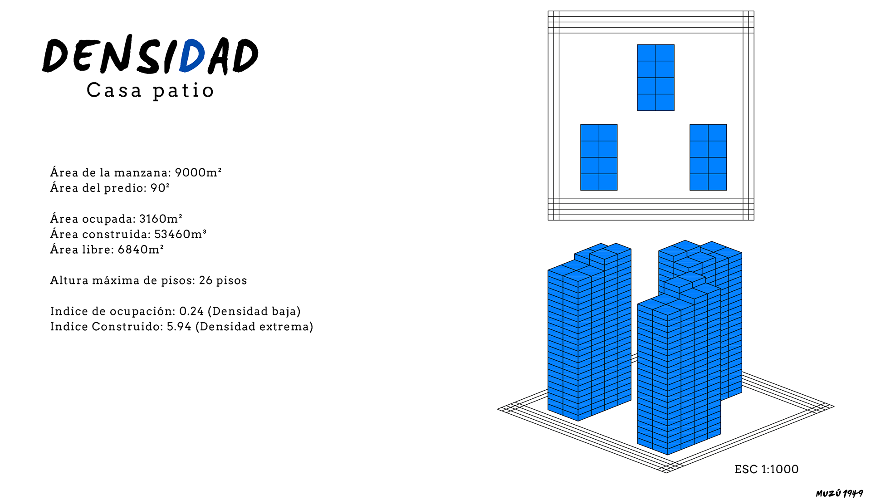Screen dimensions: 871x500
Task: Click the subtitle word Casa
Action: [114, 90]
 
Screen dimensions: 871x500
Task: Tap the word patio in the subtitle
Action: [183, 91]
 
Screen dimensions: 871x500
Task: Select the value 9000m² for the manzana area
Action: [198, 172]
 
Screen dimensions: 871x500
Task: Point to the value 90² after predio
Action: [160, 188]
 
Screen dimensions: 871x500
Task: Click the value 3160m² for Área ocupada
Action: [161, 219]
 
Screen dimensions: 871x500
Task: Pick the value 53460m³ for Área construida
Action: [181, 234]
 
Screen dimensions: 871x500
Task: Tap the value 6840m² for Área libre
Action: [141, 250]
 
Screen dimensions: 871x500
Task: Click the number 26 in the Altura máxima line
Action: [206, 280]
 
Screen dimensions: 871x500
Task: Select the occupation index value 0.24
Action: [191, 311]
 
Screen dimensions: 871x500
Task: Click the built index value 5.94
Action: [179, 327]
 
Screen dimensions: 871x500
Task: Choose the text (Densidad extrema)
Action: [254, 327]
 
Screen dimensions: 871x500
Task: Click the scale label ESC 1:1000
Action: [767, 469]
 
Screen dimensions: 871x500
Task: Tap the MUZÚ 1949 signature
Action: [839, 493]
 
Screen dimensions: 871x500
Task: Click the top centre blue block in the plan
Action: [656, 78]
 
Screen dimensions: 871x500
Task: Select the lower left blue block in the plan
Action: [599, 157]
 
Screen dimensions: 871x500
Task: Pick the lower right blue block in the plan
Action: [708, 157]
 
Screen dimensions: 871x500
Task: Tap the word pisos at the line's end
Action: [232, 281]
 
